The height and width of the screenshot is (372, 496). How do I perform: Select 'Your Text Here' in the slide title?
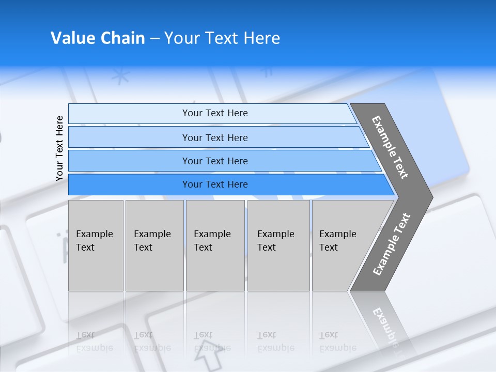pos(222,38)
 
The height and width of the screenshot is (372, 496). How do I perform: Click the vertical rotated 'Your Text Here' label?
pos(59,148)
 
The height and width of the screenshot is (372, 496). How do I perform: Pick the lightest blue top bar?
pos(212,113)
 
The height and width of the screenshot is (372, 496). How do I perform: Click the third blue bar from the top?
pos(217,161)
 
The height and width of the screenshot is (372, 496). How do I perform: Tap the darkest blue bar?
pos(222,184)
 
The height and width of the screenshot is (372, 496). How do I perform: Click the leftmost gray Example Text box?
pos(96,245)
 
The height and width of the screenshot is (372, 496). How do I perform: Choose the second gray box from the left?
pos(154,245)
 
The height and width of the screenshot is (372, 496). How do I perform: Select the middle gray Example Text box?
pos(215,245)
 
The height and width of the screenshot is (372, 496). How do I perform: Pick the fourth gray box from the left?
pos(278,245)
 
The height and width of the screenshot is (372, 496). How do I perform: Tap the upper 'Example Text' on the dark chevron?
pos(390,147)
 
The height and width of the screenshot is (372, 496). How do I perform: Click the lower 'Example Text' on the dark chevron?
pos(392,244)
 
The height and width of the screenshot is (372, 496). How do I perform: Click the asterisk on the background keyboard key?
pos(121,77)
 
